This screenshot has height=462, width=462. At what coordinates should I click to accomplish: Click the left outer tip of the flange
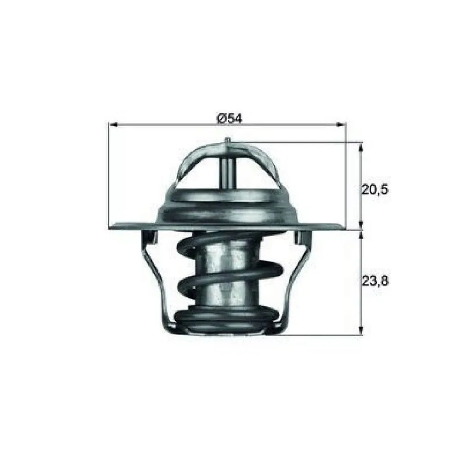(111, 227)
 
